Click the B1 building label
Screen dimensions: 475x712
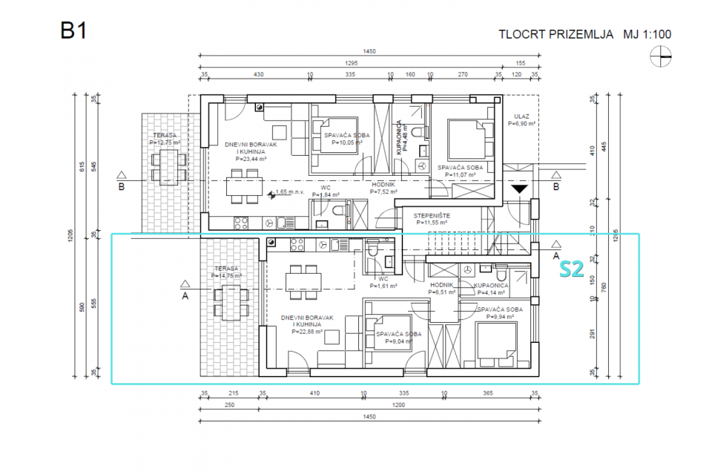pos(73,31)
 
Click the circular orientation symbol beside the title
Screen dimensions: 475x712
pos(660,56)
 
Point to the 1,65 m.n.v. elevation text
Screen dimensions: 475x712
pos(290,192)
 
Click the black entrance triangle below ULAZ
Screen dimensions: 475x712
pos(521,189)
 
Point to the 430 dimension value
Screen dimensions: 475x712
pos(258,75)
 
